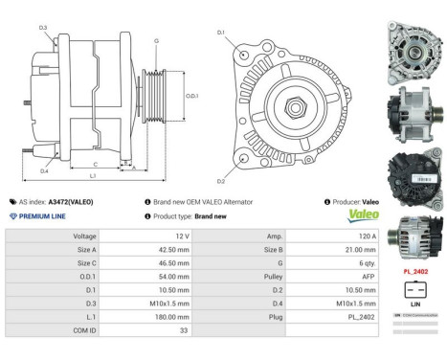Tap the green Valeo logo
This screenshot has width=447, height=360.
click(355, 216)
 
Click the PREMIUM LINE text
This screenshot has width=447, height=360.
click(43, 216)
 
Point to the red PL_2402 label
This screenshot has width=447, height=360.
click(413, 271)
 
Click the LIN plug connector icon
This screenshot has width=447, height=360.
click(413, 290)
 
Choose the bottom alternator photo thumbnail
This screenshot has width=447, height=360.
click(413, 236)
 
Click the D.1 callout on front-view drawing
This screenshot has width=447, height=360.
click(221, 33)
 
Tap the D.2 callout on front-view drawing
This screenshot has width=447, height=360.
click(221, 181)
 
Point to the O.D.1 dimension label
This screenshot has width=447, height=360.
click(191, 96)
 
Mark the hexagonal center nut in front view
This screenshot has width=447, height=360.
click(287, 102)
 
